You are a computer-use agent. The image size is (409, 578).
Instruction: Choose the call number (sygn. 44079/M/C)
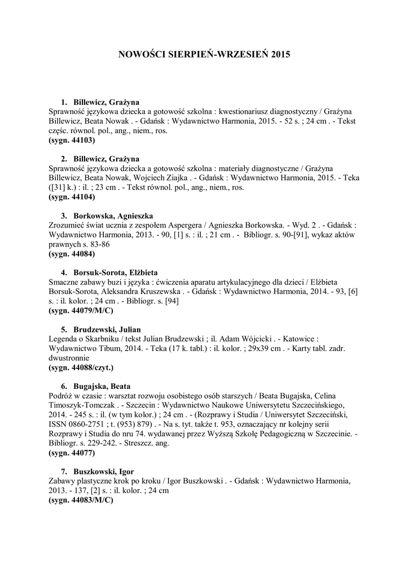pyautogui.click(x=81, y=310)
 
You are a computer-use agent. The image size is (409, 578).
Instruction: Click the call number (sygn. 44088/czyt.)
pyautogui.click(x=81, y=368)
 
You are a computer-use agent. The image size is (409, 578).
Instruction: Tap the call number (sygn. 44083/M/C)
pyautogui.click(x=81, y=500)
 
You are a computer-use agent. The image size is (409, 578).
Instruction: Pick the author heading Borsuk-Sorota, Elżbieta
pyautogui.click(x=115, y=272)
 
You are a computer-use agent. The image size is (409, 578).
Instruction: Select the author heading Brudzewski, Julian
pyautogui.click(x=107, y=329)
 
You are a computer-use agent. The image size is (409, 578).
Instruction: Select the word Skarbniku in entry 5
pyautogui.click(x=99, y=339)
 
